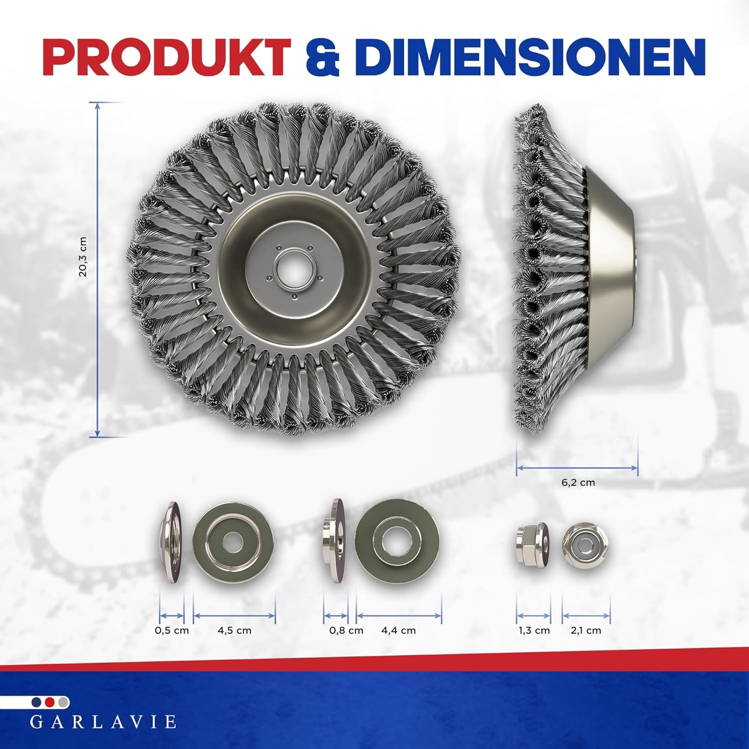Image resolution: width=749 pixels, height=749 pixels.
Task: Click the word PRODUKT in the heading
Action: coord(167,56)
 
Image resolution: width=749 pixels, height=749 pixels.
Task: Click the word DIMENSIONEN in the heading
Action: coord(529,56)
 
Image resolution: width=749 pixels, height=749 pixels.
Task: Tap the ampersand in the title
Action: coord(322,57)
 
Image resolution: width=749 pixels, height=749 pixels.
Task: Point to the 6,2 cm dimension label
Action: coord(578,483)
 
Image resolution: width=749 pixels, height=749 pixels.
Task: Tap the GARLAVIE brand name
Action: coord(103,722)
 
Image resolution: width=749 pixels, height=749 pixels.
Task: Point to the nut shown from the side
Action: coord(532,545)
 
